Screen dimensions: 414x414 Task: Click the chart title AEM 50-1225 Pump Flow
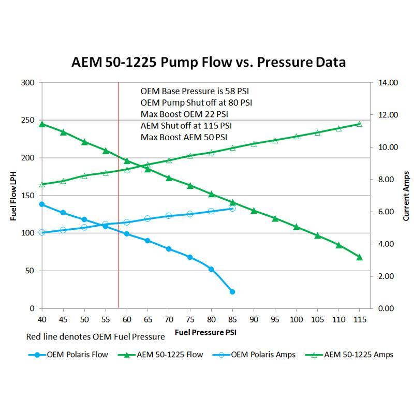(208, 63)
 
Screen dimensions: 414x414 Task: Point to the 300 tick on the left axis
(28, 83)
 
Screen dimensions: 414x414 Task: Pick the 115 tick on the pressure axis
(359, 320)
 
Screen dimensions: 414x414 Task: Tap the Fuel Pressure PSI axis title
(205, 332)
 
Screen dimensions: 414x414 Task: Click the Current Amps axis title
(406, 196)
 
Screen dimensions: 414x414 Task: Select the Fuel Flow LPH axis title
(13, 196)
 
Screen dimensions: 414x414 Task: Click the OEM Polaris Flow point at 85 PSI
(232, 292)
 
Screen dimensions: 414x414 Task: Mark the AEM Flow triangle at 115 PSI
(360, 257)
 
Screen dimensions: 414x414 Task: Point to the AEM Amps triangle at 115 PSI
(360, 124)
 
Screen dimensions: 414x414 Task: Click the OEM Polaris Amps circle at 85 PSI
(232, 208)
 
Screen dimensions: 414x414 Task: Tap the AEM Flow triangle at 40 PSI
(42, 124)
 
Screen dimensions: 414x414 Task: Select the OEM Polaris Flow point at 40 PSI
(42, 204)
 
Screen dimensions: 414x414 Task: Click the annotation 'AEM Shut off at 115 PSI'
(186, 126)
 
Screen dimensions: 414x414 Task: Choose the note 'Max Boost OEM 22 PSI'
(184, 114)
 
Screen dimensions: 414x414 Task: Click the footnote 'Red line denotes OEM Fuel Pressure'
(95, 337)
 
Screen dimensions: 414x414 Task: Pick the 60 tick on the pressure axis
(126, 320)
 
